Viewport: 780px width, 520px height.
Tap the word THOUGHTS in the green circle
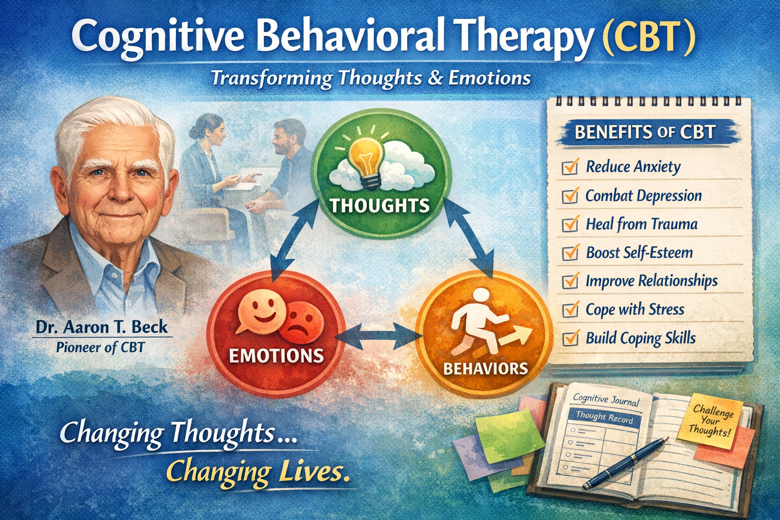379,206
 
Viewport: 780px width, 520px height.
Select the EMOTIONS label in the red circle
276,355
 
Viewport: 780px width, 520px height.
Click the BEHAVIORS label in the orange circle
485,368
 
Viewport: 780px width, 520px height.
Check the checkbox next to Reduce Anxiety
570,167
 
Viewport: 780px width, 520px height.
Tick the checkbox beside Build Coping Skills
571,338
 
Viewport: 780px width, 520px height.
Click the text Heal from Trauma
641,224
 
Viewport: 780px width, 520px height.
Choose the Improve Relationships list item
651,281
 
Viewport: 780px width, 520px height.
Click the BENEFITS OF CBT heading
644,133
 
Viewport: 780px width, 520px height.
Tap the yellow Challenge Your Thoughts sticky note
712,420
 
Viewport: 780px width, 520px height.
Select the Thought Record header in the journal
604,417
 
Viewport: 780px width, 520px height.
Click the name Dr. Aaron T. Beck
101,327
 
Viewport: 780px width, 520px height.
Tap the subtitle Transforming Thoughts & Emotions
371,78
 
